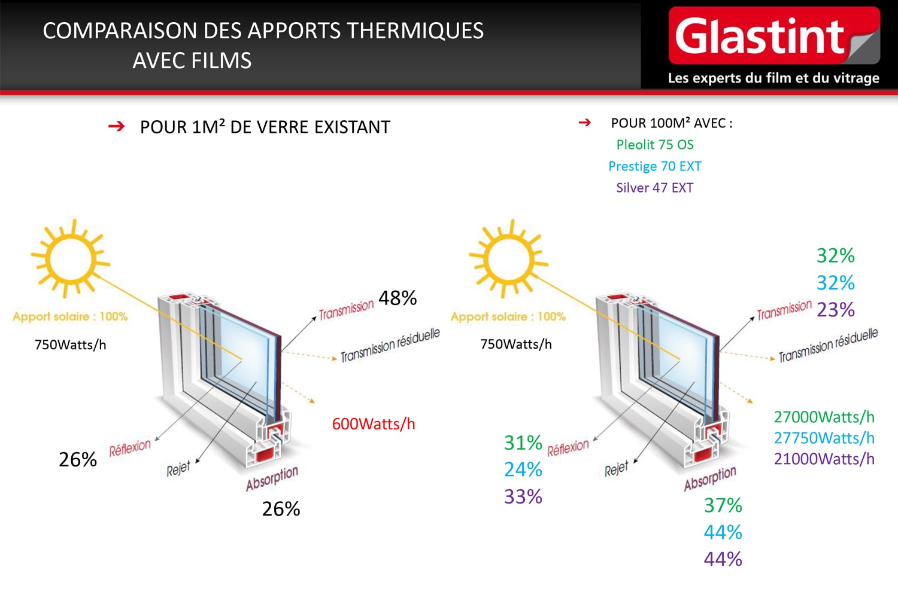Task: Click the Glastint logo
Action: pyautogui.click(x=774, y=35)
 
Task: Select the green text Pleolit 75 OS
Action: pyautogui.click(x=655, y=145)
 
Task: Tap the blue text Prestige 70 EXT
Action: pyautogui.click(x=655, y=166)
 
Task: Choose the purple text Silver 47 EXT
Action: pyautogui.click(x=655, y=187)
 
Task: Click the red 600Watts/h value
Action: pyautogui.click(x=374, y=424)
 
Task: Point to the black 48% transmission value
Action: pyautogui.click(x=398, y=298)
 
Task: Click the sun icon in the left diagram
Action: pyautogui.click(x=71, y=259)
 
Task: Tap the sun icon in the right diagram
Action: pyautogui.click(x=509, y=259)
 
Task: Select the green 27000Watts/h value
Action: pyautogui.click(x=824, y=417)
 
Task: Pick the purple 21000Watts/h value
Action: pyautogui.click(x=824, y=459)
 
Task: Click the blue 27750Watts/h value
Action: pyautogui.click(x=824, y=438)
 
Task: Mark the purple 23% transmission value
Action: pyautogui.click(x=836, y=310)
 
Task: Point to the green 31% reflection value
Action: pyautogui.click(x=523, y=443)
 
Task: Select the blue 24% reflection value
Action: pyautogui.click(x=523, y=469)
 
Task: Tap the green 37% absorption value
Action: pyautogui.click(x=723, y=505)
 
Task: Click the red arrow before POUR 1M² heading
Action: pyautogui.click(x=116, y=127)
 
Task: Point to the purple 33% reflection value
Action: pyautogui.click(x=523, y=497)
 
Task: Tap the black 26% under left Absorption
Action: pyautogui.click(x=281, y=509)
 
